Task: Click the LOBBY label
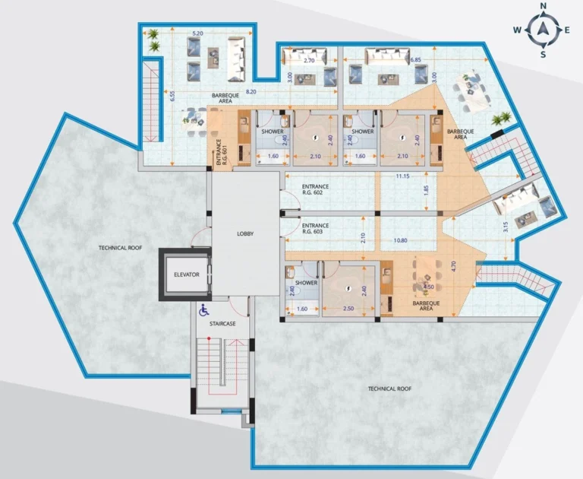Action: tap(244, 234)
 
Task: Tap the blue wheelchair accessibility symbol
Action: tap(203, 310)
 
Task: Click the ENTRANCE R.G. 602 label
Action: tap(315, 191)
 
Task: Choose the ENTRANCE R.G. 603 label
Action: tap(315, 229)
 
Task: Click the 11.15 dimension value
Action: tap(402, 176)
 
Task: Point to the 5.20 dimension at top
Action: tap(197, 33)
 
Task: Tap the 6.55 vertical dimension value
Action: tap(173, 97)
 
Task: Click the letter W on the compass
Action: tap(517, 30)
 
